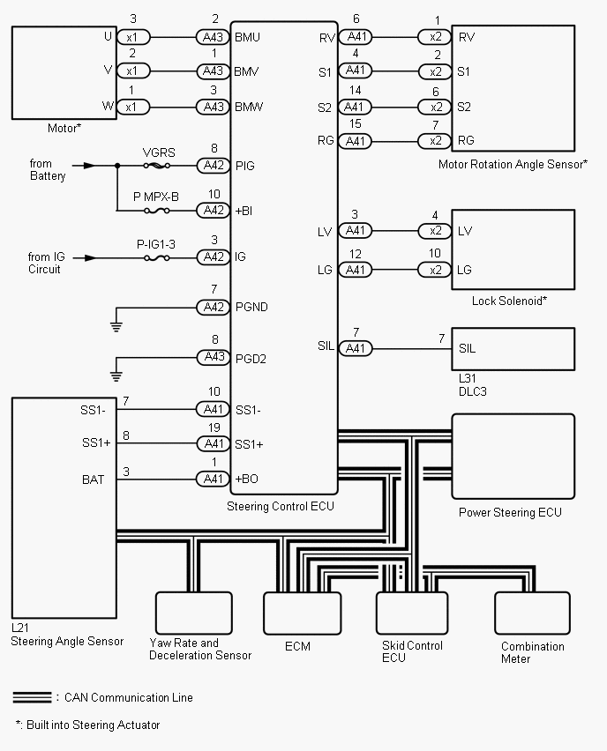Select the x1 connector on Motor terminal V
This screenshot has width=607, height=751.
131,71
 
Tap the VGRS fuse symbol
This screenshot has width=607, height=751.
158,165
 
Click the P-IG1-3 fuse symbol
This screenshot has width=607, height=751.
158,257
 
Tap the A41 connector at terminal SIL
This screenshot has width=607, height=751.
355,348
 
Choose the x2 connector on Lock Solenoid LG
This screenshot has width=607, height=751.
434,269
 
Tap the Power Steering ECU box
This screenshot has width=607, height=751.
513,457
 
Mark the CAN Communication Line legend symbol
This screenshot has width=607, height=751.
32,697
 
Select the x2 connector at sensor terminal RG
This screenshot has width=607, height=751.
434,141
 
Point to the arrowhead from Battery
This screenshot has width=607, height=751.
87,165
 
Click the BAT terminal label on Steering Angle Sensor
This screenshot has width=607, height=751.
92,480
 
